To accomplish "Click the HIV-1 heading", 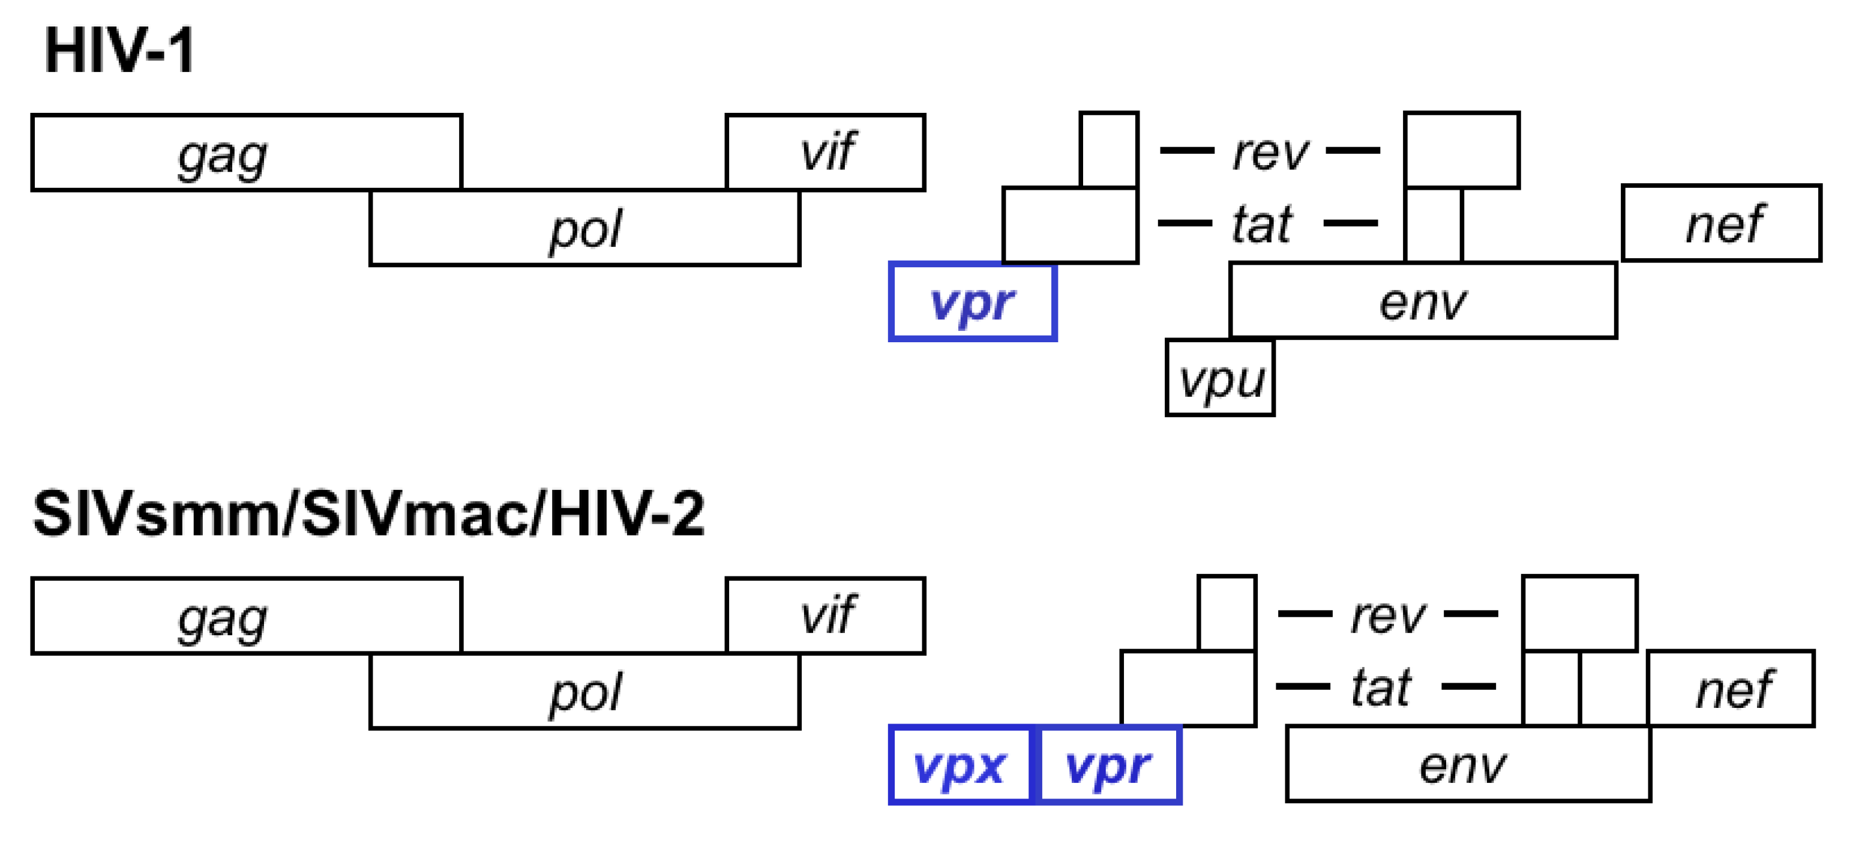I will coord(119,50).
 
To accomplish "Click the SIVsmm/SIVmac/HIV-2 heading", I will coord(368,514).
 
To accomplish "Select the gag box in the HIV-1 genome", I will coord(246,153).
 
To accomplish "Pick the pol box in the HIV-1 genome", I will coord(584,229).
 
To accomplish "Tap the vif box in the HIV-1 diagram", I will coord(825,152).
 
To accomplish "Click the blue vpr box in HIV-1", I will coord(973,301).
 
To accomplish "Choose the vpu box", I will coord(1220,378).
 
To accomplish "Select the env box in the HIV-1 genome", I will coord(1423,301).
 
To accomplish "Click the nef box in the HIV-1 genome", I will coord(1722,223).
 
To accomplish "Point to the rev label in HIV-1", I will coord(1270,152).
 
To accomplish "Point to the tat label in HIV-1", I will coord(1263,224).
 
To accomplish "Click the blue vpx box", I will coord(960,765).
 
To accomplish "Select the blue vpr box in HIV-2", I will coord(1108,765).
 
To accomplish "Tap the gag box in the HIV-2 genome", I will coord(246,616).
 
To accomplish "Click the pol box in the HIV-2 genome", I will coord(584,692).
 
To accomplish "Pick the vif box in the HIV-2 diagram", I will coord(825,615).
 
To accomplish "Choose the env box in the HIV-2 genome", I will coord(1467,764).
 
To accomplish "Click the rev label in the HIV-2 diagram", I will coord(1387,615).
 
